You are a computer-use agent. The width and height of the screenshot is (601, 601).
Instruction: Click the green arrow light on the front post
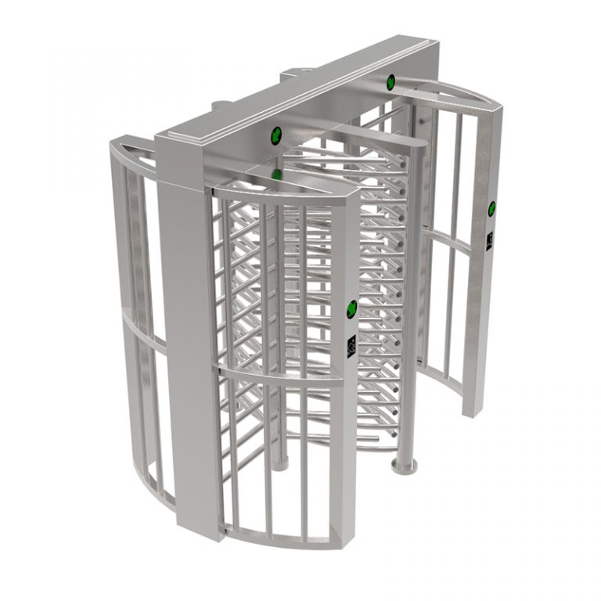(x=351, y=306)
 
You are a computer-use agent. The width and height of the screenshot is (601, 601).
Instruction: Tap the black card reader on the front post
(x=351, y=343)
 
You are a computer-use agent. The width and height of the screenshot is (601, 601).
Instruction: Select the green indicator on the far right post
(x=491, y=207)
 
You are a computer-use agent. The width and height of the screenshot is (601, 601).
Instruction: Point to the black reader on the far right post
(x=490, y=238)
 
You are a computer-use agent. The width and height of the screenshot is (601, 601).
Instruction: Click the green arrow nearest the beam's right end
(x=390, y=80)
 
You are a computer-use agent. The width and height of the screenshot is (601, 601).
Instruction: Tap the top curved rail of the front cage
(x=282, y=188)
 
